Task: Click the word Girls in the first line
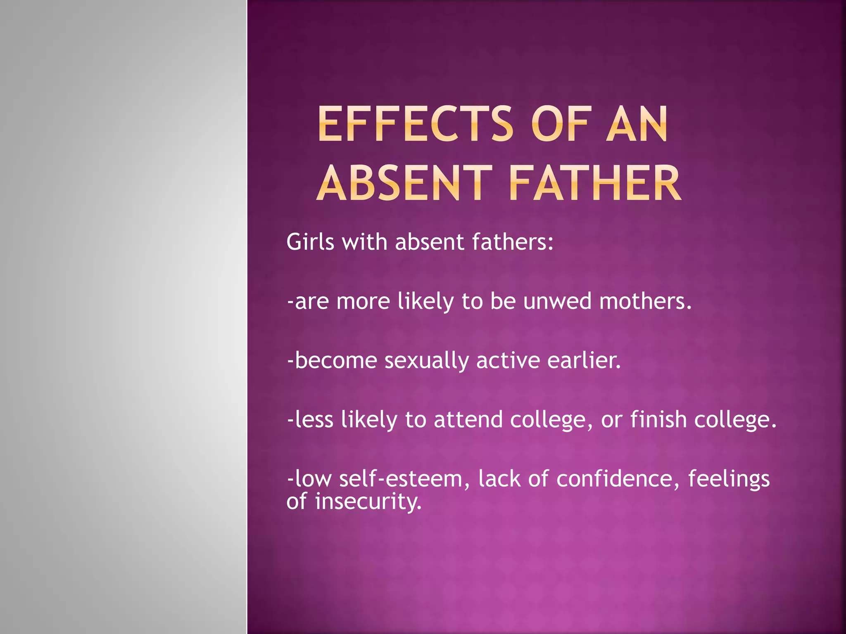coord(310,242)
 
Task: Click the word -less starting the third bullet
coord(310,419)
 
